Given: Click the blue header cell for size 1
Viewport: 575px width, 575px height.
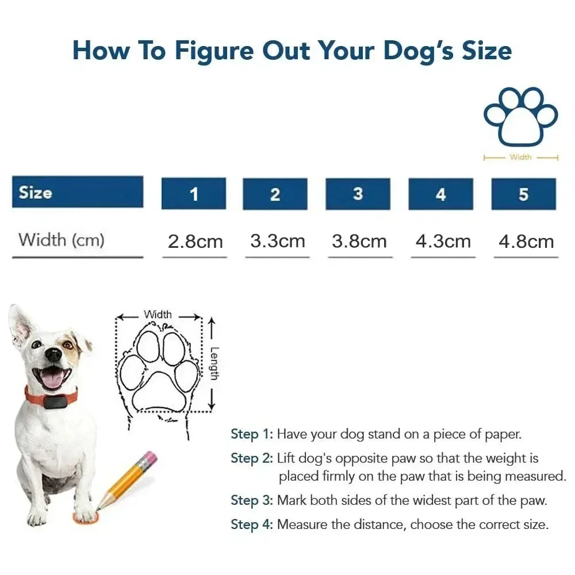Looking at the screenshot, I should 193,194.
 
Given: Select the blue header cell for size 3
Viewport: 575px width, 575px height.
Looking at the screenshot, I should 358,194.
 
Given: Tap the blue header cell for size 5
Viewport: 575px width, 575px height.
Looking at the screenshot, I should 523,194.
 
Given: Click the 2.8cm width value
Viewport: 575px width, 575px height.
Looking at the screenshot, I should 195,241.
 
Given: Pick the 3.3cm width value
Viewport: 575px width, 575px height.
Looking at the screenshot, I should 277,241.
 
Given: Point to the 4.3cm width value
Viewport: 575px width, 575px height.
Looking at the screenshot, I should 443,241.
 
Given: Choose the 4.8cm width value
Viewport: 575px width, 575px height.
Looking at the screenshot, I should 526,241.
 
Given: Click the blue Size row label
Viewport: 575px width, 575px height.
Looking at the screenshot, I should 78,192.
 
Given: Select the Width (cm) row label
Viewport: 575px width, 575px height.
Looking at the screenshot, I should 62,240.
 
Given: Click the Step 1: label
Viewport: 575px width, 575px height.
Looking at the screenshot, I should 252,434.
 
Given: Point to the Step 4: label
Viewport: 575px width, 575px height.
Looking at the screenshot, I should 252,524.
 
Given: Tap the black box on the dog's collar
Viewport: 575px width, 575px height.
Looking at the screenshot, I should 56,401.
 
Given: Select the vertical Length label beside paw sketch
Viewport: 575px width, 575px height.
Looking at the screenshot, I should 213,363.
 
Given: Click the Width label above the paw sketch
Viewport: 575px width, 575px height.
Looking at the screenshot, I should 158,315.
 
